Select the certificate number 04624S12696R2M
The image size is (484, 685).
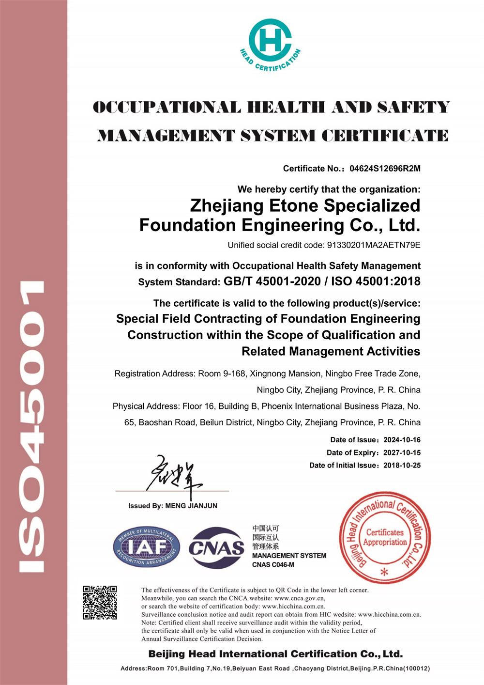point(385,169)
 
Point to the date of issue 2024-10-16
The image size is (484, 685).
point(402,440)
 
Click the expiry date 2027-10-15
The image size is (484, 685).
point(402,452)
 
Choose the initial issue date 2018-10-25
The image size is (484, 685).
point(402,465)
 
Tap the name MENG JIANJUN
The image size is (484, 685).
point(191,506)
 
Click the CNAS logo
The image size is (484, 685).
point(216,548)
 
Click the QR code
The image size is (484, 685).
point(100,603)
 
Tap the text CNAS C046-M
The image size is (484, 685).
point(273,565)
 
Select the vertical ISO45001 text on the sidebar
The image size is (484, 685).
point(33,426)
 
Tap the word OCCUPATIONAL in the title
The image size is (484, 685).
point(166,108)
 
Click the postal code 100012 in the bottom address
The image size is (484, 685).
point(416,669)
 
